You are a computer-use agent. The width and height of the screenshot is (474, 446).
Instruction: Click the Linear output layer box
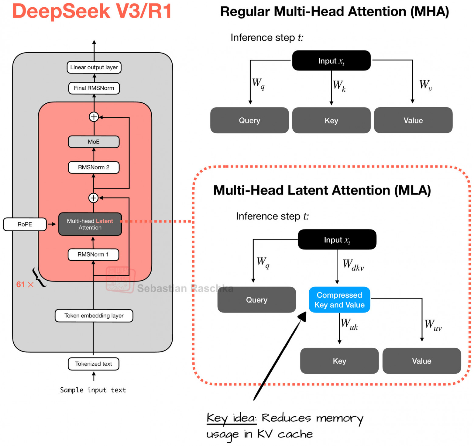pyautogui.click(x=94, y=67)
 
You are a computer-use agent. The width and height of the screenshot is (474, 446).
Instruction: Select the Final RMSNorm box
pyautogui.click(x=94, y=88)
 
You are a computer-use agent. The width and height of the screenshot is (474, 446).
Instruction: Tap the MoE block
pyautogui.click(x=94, y=142)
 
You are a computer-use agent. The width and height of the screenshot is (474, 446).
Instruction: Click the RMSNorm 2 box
pyautogui.click(x=94, y=167)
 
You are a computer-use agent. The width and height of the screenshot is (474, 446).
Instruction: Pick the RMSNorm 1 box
pyautogui.click(x=93, y=254)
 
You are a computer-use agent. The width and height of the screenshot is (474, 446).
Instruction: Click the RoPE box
pyautogui.click(x=25, y=224)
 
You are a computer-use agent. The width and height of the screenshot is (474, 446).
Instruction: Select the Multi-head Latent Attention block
pyautogui.click(x=90, y=224)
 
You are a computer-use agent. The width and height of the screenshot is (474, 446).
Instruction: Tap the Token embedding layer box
pyautogui.click(x=94, y=316)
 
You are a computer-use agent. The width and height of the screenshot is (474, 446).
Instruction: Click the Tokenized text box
pyautogui.click(x=94, y=364)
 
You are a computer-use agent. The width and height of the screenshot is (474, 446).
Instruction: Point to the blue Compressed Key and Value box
pyautogui.click(x=339, y=300)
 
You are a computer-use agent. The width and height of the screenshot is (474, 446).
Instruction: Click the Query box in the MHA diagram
pyautogui.click(x=249, y=120)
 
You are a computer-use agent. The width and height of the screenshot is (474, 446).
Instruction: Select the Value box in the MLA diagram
pyautogui.click(x=421, y=361)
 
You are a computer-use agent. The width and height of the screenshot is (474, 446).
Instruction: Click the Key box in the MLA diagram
pyautogui.click(x=339, y=361)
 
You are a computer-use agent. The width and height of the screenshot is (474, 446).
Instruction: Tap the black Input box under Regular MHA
pyautogui.click(x=331, y=61)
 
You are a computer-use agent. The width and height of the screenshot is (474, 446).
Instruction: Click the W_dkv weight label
pyautogui.click(x=353, y=265)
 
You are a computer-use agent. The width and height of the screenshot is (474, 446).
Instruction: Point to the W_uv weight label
pyautogui.click(x=433, y=325)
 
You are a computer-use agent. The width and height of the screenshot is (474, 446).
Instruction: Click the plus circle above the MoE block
pyautogui.click(x=94, y=117)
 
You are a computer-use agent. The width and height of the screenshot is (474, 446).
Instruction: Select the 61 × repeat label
pyautogui.click(x=25, y=285)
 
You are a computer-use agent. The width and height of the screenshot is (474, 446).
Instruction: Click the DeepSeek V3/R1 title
pyautogui.click(x=92, y=11)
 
